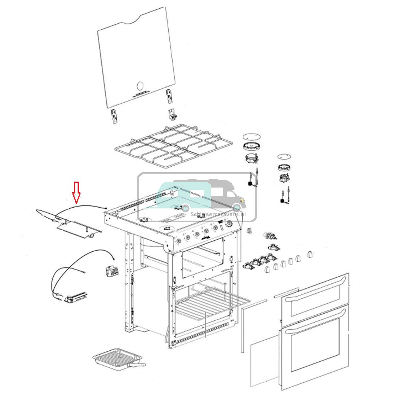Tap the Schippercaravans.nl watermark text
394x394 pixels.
[217, 214]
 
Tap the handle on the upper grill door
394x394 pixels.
[315, 290]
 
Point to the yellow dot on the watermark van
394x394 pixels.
[241, 205]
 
